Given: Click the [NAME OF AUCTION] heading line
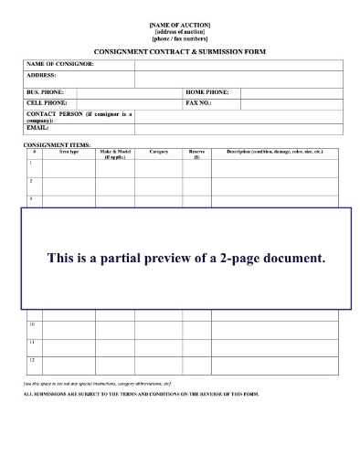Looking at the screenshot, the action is pos(179,23).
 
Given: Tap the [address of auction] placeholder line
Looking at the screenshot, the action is pos(179,31).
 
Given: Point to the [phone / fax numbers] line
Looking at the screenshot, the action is pos(179,38).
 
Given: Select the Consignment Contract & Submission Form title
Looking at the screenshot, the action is pos(179,51).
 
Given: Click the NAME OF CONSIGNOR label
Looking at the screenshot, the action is pos(60,64).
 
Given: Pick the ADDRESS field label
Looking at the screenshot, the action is pos(41,75).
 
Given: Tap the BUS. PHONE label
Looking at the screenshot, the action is pos(43,93).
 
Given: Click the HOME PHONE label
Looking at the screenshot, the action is pos(206,93).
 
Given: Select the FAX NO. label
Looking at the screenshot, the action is pos(198,102).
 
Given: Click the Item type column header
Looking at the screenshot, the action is pos(69,151).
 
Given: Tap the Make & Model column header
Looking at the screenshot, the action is pos(114,154).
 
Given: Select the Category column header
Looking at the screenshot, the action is pos(158,151).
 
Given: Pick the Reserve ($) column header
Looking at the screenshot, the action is pos(196,154).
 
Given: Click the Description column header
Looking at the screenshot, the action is pos(274,151).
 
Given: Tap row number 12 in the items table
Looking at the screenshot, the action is pos(32,360).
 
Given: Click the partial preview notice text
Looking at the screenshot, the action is pos(186,258).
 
